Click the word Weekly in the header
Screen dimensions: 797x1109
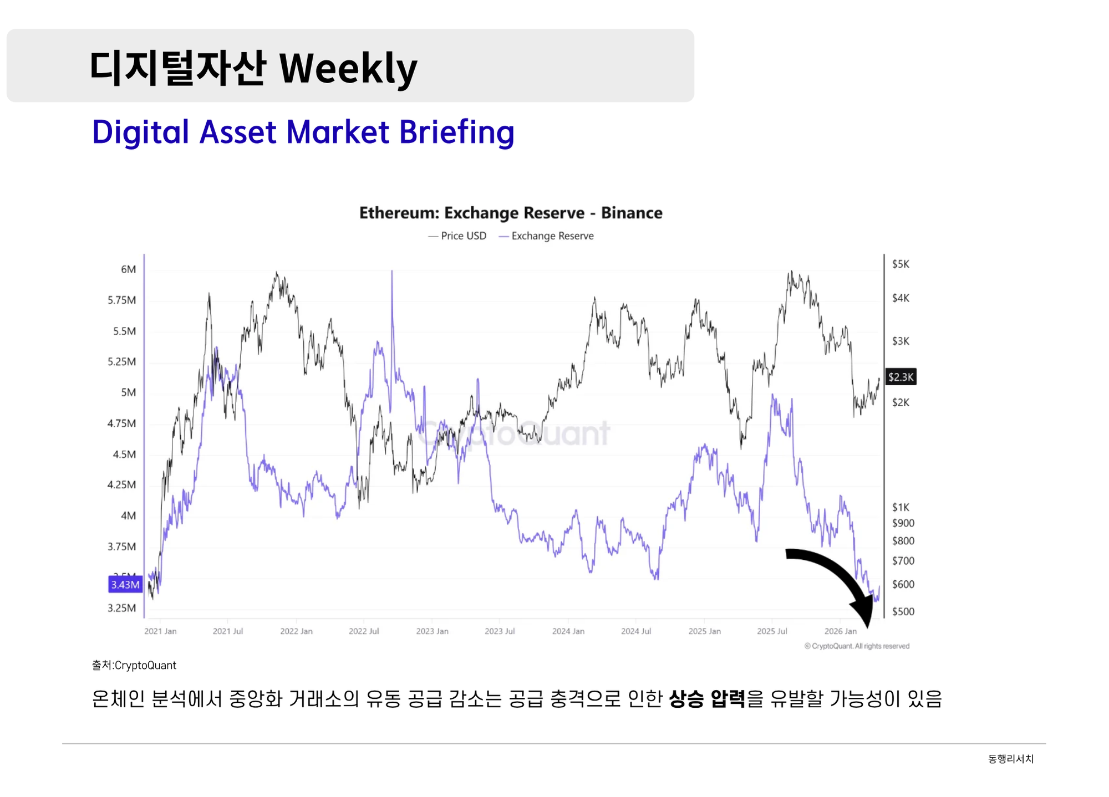[348, 69]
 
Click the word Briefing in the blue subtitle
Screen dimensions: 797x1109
[456, 132]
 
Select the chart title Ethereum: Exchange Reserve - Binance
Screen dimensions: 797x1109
[511, 213]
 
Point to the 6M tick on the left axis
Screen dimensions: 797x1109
[128, 269]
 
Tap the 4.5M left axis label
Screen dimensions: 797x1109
[124, 454]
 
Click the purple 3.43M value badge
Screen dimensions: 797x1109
[125, 585]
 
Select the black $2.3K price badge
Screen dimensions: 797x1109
[901, 377]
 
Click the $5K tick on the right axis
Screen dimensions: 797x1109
[901, 264]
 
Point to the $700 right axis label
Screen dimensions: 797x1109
[903, 561]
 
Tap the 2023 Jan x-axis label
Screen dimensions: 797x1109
[432, 631]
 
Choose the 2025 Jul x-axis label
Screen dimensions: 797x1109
[772, 631]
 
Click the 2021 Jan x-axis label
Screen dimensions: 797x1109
[160, 631]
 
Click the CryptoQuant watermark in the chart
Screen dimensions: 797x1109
[514, 433]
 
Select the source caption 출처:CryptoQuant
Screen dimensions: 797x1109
[134, 665]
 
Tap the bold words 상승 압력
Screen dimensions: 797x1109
[707, 699]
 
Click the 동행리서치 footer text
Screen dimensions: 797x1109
[1010, 759]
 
